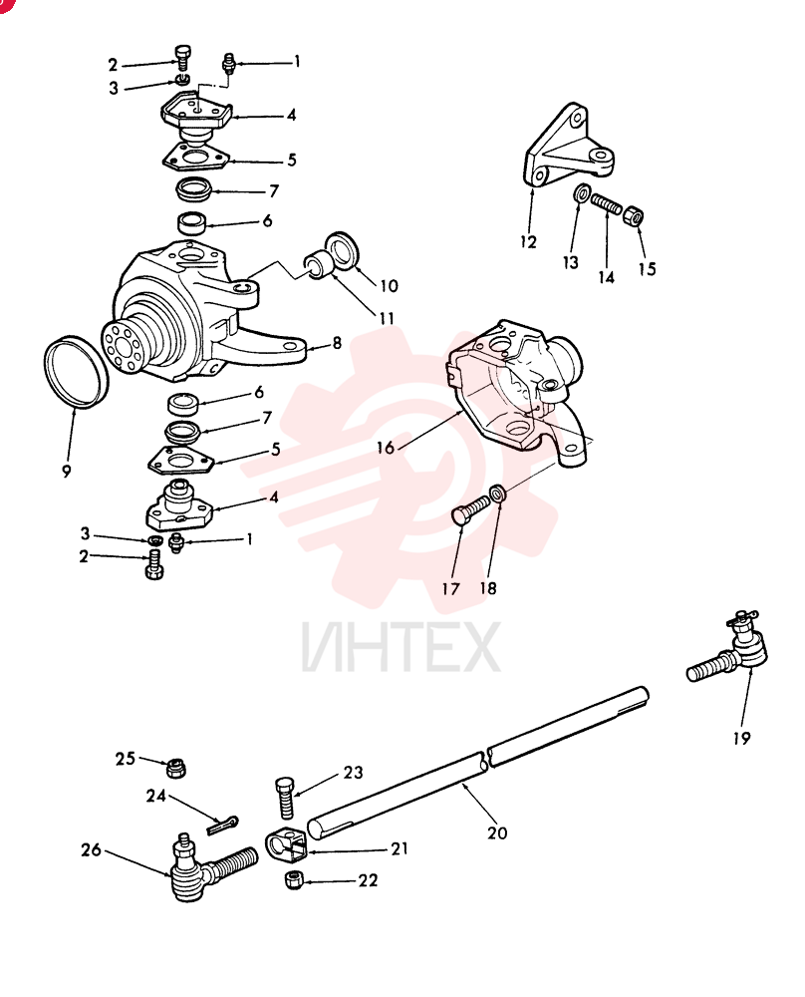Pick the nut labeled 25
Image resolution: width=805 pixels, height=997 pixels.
174,768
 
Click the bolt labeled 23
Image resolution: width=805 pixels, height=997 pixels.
285,798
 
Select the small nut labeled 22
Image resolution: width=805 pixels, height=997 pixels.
293,879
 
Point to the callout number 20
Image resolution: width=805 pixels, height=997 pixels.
497,832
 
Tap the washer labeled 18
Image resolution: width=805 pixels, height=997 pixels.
499,493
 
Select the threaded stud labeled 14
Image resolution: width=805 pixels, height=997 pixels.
606,205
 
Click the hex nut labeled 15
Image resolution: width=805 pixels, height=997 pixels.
633,215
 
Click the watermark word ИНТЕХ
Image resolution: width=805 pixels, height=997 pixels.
401,647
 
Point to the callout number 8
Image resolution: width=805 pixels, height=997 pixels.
337,343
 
